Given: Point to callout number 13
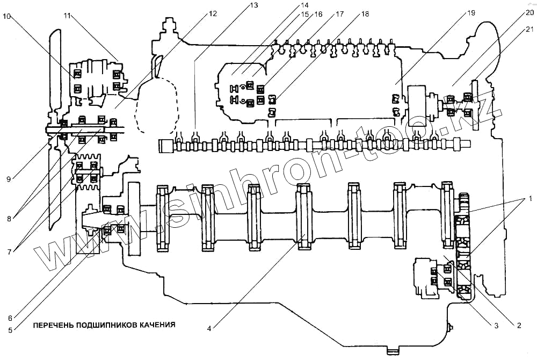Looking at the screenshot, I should click(x=253, y=5).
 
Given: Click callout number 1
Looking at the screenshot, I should click(x=530, y=199).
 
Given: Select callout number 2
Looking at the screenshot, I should click(x=519, y=325).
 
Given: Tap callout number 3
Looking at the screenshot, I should click(x=496, y=325).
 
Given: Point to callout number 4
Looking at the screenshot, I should click(x=210, y=325).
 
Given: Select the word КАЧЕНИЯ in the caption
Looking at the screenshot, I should click(x=158, y=325).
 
